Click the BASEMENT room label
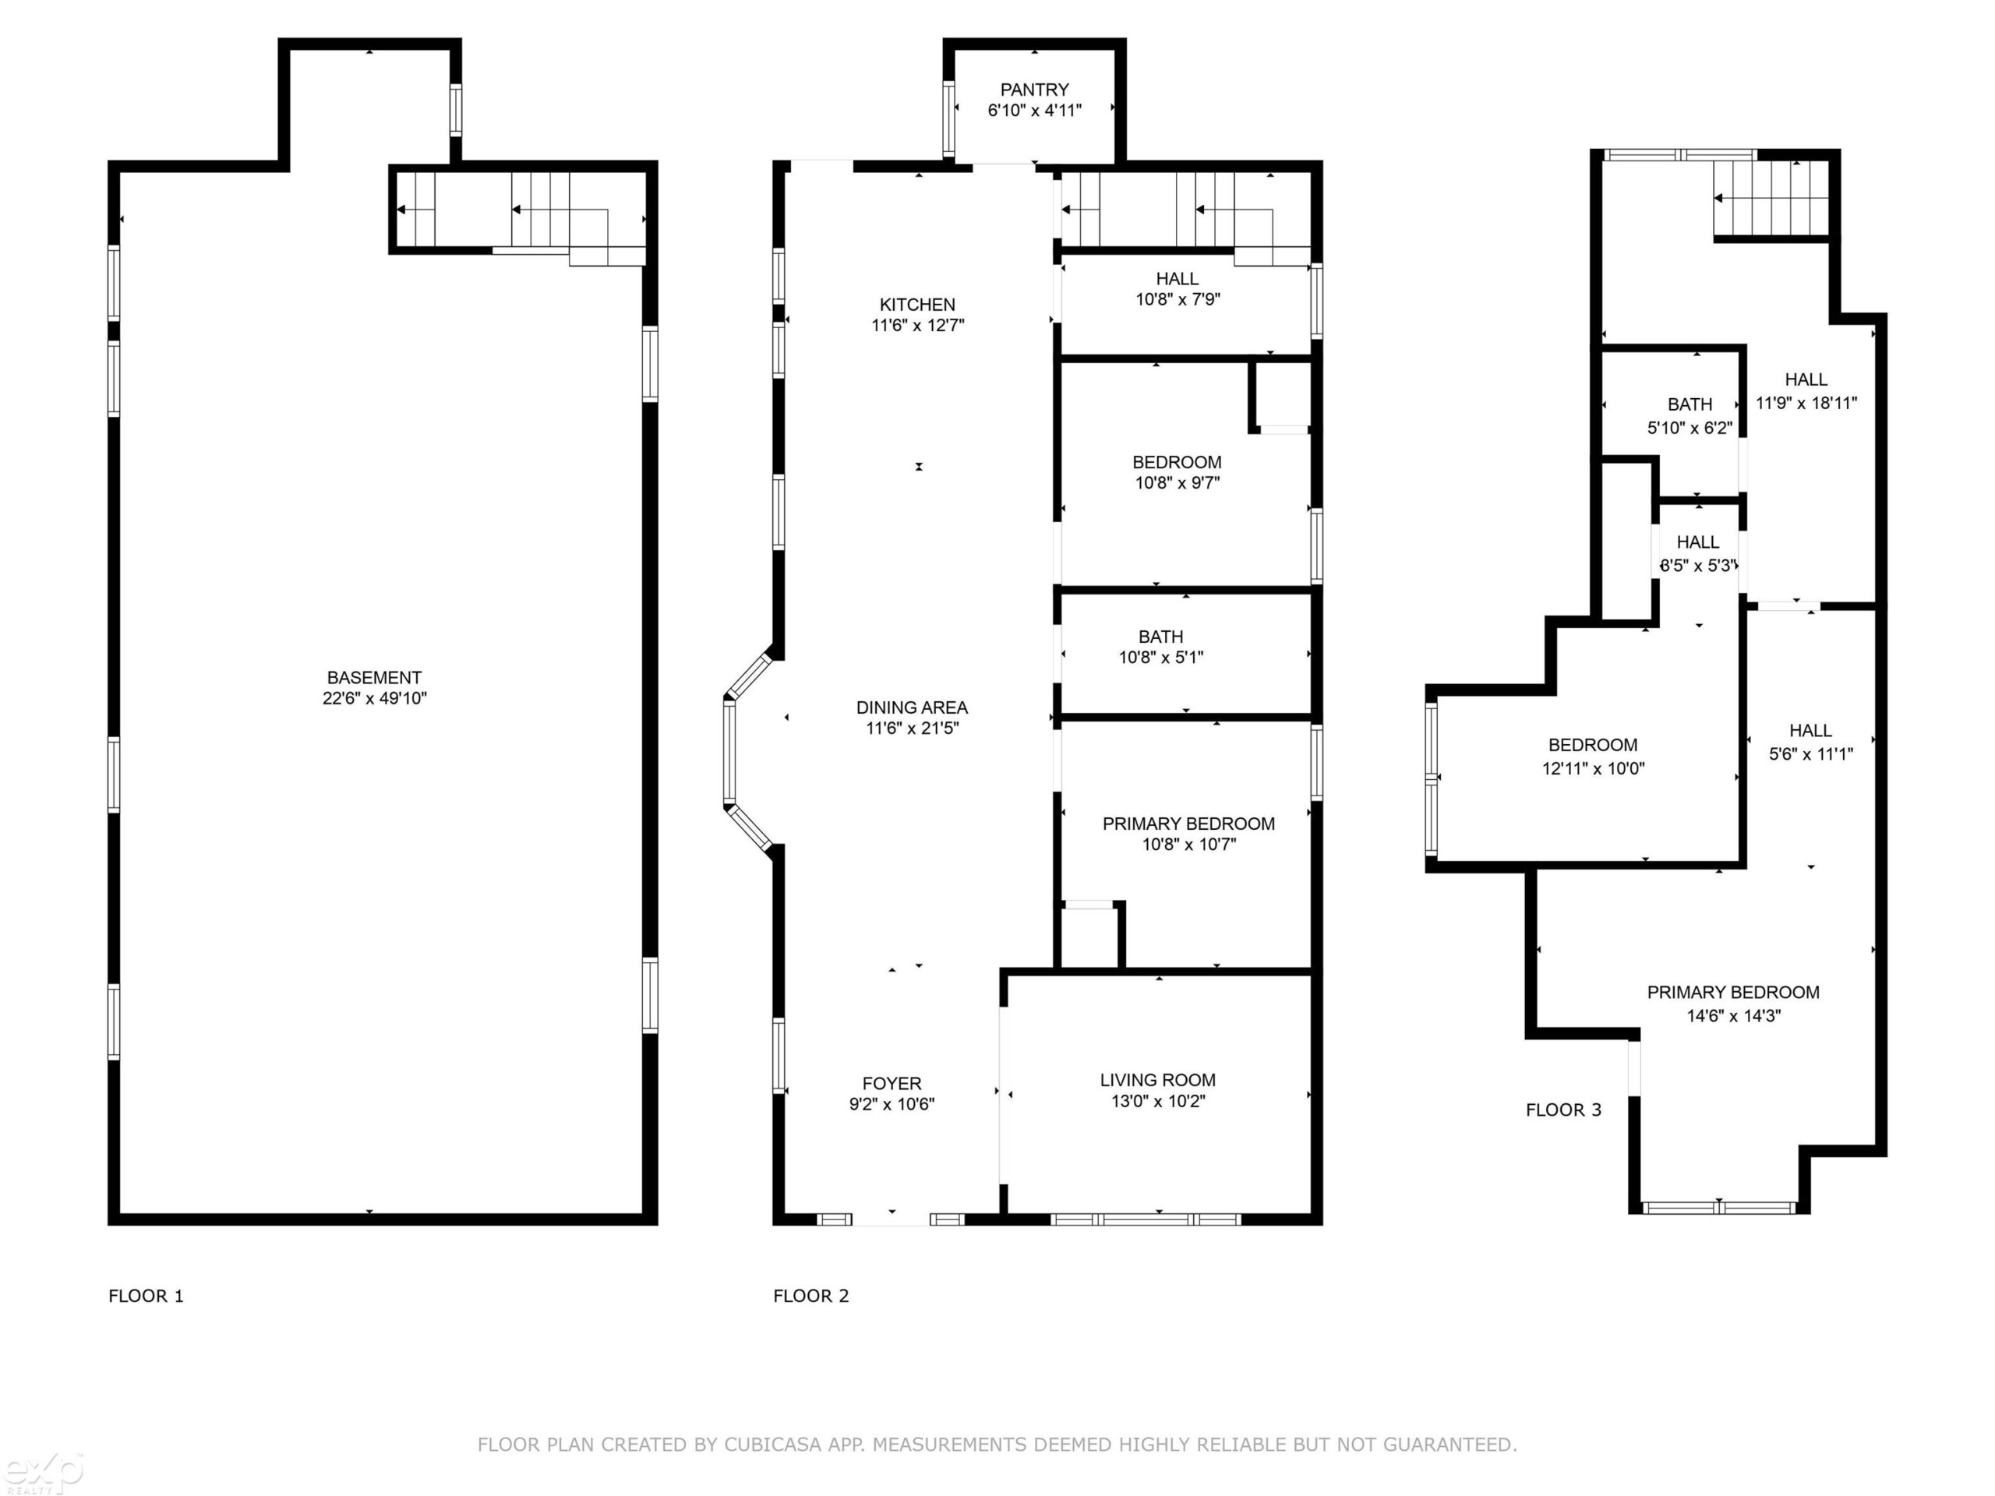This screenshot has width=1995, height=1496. coord(374,677)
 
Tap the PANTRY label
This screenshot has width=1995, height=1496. coord(1034,90)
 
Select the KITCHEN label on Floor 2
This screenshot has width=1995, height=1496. coord(917,305)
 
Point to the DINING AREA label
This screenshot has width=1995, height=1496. coord(912,707)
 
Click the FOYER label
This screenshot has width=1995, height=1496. coord(892,1084)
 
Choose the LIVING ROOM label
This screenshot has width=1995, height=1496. coord(1158,1080)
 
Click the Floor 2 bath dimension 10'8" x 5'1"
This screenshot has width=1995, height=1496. coord(1162,658)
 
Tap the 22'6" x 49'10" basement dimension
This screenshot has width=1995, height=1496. coord(374,698)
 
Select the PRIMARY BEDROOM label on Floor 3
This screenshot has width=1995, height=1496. coord(1733,993)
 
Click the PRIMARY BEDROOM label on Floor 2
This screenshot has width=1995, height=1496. coord(1188,824)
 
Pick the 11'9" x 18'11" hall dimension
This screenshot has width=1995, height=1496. coord(1806,403)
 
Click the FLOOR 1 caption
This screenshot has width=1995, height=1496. coord(146,1297)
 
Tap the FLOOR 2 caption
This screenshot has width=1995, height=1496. coord(810,1297)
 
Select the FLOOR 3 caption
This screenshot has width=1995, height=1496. coord(1564,1111)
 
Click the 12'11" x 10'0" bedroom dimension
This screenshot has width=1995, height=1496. coord(1594,769)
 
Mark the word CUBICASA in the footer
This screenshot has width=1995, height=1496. coord(773,1445)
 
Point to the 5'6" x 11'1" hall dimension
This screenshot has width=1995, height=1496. coord(1811,755)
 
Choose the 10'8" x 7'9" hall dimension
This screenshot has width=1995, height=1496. coord(1178,299)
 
